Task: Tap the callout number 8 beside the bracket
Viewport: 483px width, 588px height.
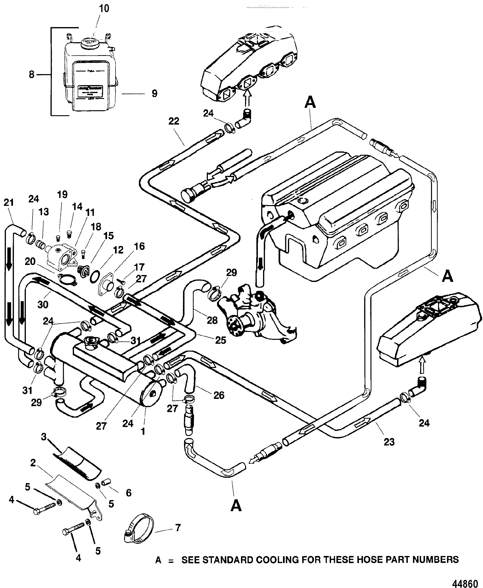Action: click(32, 75)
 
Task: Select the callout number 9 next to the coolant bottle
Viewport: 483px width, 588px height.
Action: click(154, 94)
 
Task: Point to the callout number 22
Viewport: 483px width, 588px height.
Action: click(174, 121)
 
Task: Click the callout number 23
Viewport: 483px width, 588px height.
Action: click(389, 442)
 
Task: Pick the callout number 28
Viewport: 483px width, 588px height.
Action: click(212, 320)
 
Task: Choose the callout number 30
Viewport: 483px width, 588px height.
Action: click(43, 305)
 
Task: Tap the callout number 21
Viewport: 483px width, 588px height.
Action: click(9, 202)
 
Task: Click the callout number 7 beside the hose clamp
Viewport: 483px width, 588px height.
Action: click(178, 527)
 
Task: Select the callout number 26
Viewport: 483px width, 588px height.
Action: click(219, 395)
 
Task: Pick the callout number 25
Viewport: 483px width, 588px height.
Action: click(221, 340)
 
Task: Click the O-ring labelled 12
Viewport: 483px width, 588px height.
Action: click(94, 277)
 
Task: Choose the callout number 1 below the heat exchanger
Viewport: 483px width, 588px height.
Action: click(143, 431)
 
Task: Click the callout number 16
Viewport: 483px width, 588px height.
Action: click(139, 246)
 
